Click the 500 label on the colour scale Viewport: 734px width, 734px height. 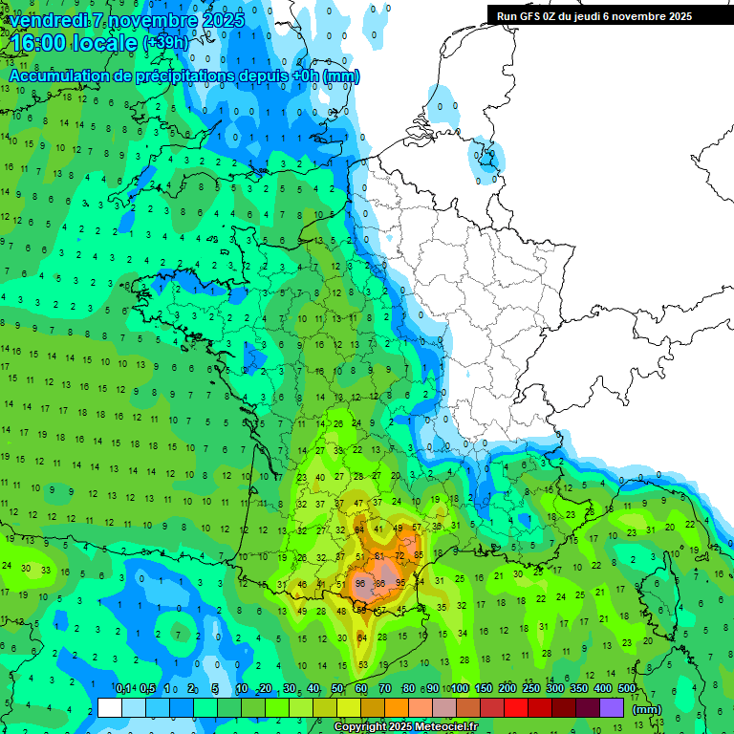coord(627,688)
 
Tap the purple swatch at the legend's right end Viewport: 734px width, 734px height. coord(612,707)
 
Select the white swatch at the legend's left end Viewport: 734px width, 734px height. coord(110,707)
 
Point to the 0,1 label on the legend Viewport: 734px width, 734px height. coord(123,688)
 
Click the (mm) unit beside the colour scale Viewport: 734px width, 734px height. coord(647,709)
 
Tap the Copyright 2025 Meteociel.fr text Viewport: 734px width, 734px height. coord(405,727)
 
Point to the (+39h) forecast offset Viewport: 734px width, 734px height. coord(165,44)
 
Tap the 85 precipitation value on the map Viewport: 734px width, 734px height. coord(418,554)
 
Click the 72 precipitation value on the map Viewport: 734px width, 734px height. coord(400,555)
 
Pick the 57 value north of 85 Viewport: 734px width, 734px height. coord(416,528)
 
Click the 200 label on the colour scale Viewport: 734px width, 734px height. coord(507,688)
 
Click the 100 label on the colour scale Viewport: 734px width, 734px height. coord(459,688)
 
